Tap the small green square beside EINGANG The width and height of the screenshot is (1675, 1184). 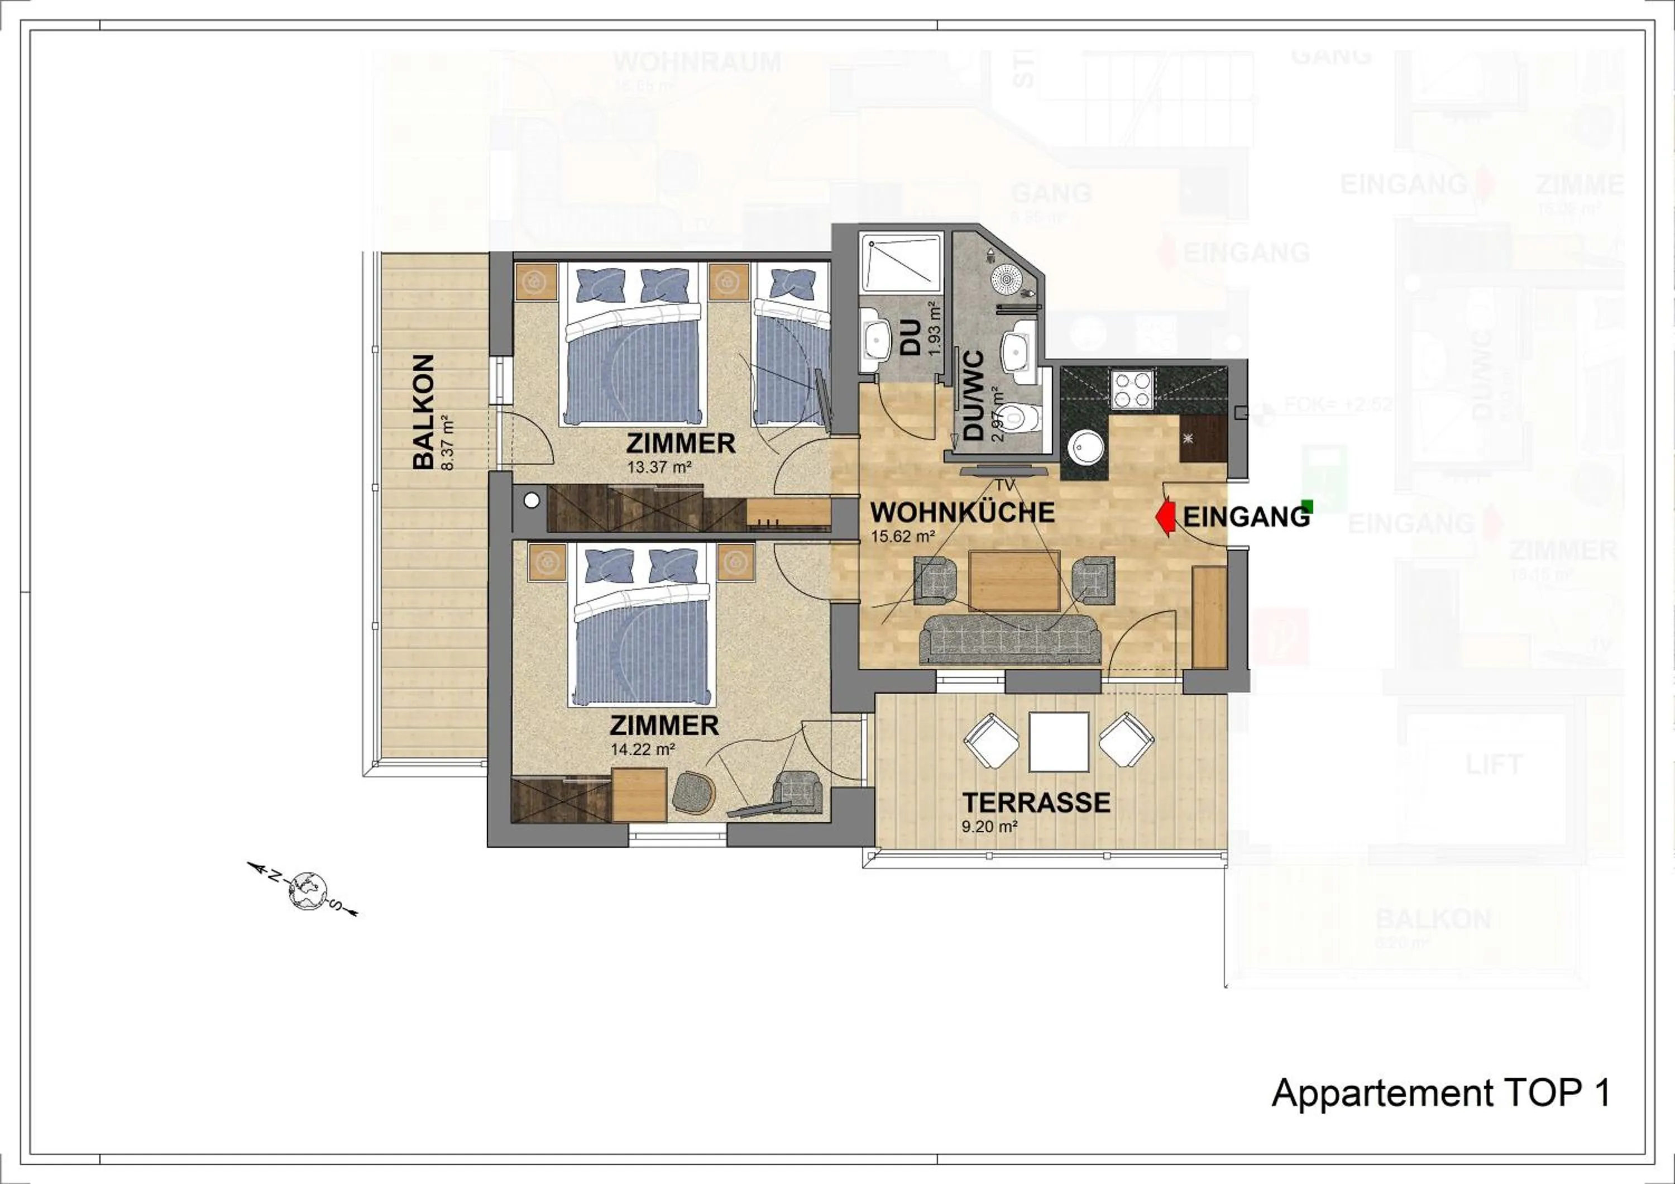pyautogui.click(x=1307, y=505)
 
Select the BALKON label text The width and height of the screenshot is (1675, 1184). pyautogui.click(x=423, y=412)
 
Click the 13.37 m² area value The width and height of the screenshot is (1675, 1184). pyautogui.click(x=659, y=467)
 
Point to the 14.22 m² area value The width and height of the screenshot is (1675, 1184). pyautogui.click(x=642, y=748)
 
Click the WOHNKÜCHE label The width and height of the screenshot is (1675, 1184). pyautogui.click(x=962, y=512)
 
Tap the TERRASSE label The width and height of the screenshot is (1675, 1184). pyautogui.click(x=1036, y=803)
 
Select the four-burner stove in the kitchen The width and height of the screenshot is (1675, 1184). pyautogui.click(x=1132, y=388)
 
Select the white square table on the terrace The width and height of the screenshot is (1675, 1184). pyautogui.click(x=1059, y=741)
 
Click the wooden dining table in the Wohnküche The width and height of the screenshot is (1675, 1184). pyautogui.click(x=1014, y=580)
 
